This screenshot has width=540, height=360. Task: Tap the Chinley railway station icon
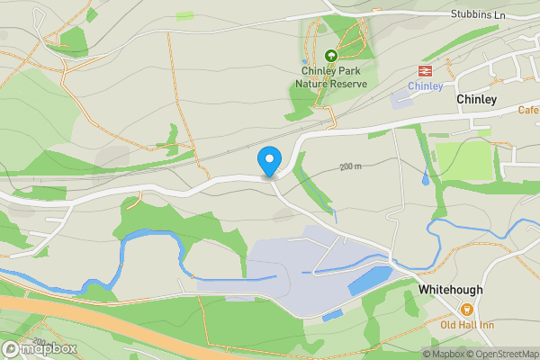425,70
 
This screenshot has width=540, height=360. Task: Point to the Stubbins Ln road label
477,14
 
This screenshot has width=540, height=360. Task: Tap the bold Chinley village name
476,100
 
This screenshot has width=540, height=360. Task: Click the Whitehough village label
450,290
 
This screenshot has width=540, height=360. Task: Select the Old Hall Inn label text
463,324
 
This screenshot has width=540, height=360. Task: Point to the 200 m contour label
350,166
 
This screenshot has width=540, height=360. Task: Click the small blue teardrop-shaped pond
425,179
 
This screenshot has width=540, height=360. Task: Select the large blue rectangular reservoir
369,281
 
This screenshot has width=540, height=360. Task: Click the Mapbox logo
40,348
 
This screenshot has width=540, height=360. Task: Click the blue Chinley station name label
425,86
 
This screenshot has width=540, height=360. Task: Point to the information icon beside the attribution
415,354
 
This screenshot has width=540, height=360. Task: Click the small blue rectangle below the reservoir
331,316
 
